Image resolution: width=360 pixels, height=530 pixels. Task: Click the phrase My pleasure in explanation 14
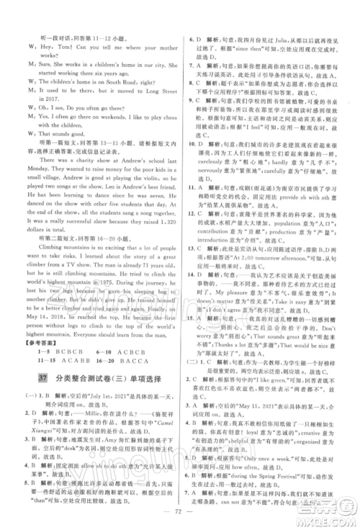[270, 324]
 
